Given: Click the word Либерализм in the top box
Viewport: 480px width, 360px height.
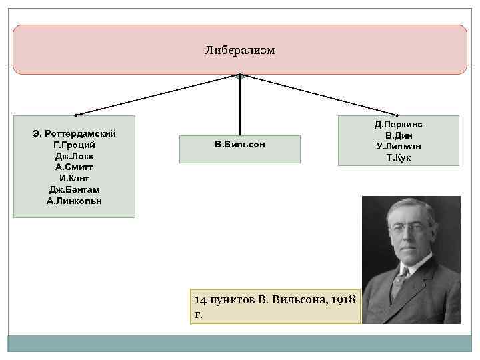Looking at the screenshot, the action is click(240, 51).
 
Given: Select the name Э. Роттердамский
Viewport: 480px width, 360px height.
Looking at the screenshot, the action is click(74, 134).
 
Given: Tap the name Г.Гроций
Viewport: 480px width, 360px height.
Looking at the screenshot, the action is click(74, 145).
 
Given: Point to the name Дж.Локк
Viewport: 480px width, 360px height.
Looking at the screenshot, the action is click(74, 156).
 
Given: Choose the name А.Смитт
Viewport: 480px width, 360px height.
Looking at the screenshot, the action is click(74, 167).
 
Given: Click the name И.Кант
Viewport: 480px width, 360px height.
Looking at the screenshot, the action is click(74, 179).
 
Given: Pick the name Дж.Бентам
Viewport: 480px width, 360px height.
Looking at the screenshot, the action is click(74, 190).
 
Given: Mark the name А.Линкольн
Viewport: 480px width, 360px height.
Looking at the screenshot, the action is click(74, 201).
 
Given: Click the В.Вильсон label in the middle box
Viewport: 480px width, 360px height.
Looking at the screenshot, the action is click(240, 144).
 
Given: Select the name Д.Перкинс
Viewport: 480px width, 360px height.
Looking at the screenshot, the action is click(398, 124).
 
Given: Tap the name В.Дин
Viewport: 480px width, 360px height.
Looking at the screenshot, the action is click(398, 135).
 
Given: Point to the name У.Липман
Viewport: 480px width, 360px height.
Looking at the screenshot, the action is click(398, 146).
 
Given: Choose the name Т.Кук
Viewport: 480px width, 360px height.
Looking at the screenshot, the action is click(398, 157).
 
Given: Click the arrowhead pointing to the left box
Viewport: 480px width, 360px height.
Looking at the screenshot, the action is click(75, 115).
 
